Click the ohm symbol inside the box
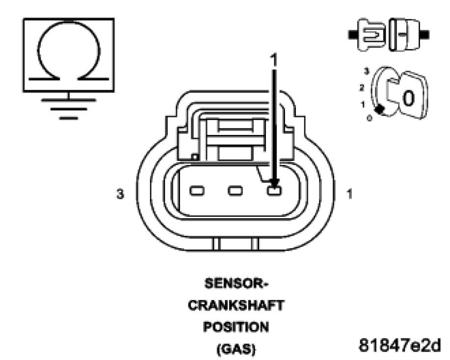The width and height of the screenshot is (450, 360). click(x=69, y=54)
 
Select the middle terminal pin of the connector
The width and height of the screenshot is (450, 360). click(x=235, y=190)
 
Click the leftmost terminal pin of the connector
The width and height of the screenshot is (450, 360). click(x=197, y=190)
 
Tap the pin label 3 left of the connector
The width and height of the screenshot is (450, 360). click(x=120, y=195)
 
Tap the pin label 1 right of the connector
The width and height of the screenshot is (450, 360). click(x=349, y=195)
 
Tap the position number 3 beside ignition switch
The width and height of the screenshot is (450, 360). click(x=365, y=71)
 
